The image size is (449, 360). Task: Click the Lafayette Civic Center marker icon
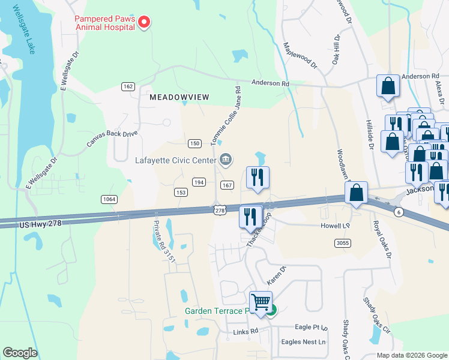[226, 159]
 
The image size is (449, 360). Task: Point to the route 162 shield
[127, 86]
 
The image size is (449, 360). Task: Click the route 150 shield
[194, 143]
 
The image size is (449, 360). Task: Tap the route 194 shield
[199, 182]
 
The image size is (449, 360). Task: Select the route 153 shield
[181, 192]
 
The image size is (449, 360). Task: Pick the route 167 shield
[227, 185]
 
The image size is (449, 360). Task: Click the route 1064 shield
[109, 199]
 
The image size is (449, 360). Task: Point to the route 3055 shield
[343, 242]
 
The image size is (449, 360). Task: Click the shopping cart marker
[261, 302]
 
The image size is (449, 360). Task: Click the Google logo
[20, 353]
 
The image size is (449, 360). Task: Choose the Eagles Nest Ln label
[303, 342]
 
